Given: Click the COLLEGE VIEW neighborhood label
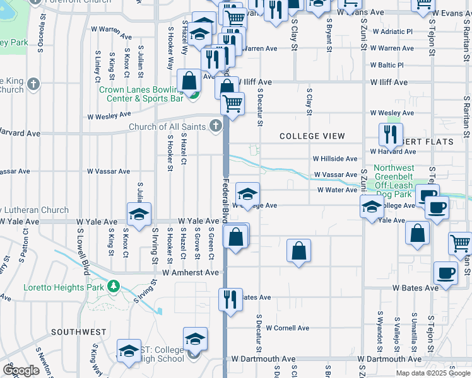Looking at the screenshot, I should pos(312,136).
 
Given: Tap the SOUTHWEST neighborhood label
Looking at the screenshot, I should pos(79,332).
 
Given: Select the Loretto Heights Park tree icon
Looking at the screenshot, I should pos(114,287).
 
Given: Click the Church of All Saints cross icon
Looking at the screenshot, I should pos(215,127).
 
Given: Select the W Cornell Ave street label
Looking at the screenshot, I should pos(287,328).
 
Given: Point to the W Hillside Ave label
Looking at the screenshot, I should pos(334,159).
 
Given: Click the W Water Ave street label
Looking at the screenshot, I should pos(338,190).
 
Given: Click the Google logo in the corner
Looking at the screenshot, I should pos(21,370).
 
